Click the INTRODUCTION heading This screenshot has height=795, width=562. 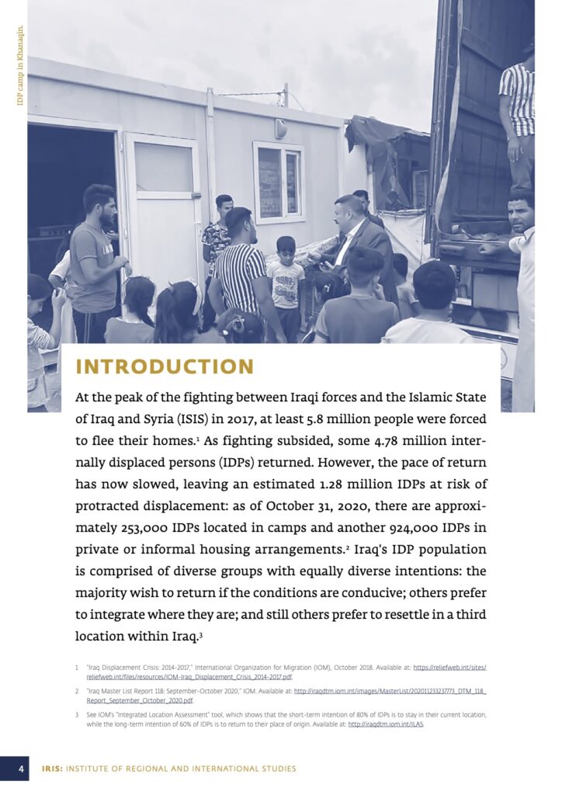pos(165,366)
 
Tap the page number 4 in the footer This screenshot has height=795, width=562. pos(23,769)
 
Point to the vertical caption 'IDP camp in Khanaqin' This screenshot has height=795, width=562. pos(21,65)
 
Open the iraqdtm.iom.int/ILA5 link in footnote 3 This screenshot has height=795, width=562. pos(386,724)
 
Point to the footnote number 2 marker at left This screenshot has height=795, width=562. pos(77,691)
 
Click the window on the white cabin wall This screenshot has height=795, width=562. pos(279,182)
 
